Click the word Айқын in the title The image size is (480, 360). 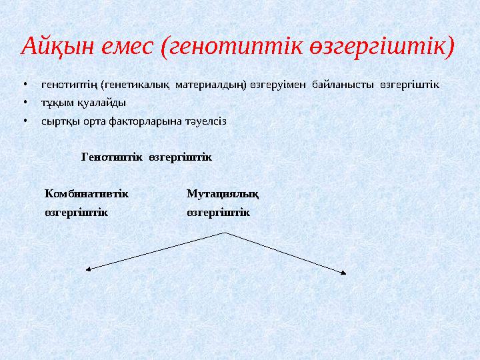click(x=56, y=47)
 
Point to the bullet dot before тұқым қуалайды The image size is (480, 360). click(x=24, y=103)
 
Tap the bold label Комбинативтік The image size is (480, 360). click(x=87, y=193)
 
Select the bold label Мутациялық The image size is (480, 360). click(x=223, y=193)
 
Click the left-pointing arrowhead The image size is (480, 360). click(x=88, y=269)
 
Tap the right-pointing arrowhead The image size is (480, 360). click(x=343, y=272)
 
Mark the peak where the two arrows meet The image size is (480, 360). click(x=225, y=232)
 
